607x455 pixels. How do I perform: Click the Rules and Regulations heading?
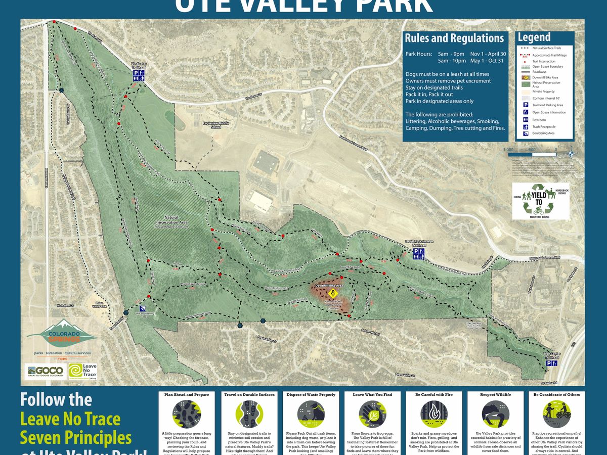tap(454, 38)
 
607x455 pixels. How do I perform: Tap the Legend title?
tap(534, 37)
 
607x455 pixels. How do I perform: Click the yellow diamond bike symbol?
tap(333, 293)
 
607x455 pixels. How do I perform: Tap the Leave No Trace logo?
tap(82, 372)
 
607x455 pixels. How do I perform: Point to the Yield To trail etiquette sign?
tap(541, 202)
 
